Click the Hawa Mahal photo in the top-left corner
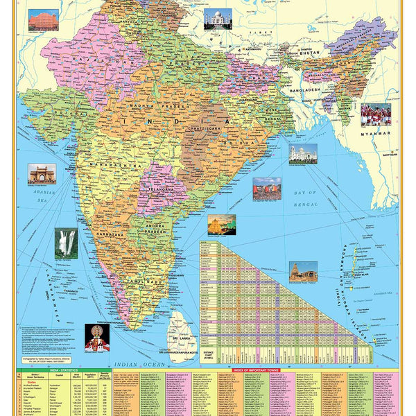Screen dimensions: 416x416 pyautogui.click(x=43, y=19)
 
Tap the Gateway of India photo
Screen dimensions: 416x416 pyautogui.click(x=42, y=173)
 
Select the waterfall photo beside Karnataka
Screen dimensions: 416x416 pyautogui.click(x=66, y=243)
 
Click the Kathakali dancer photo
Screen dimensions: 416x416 pyautogui.click(x=97, y=338)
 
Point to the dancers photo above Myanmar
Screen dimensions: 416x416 pyautogui.click(x=375, y=114)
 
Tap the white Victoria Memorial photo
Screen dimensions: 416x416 pyautogui.click(x=303, y=154)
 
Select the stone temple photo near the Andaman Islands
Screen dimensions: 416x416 pyautogui.click(x=303, y=271)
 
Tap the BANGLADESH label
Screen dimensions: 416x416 pyautogui.click(x=305, y=90)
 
